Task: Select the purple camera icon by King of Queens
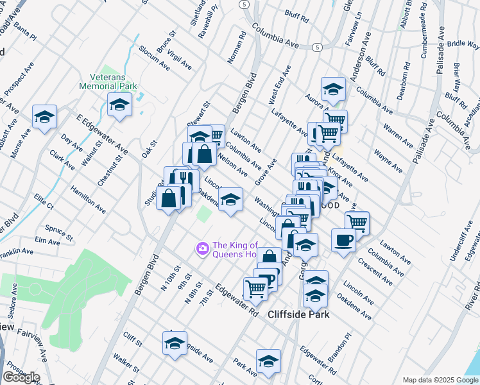[x=203, y=248]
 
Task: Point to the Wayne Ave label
[x=388, y=161]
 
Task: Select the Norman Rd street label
[x=236, y=48]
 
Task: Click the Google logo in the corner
[x=21, y=377]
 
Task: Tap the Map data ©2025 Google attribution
[x=440, y=380]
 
